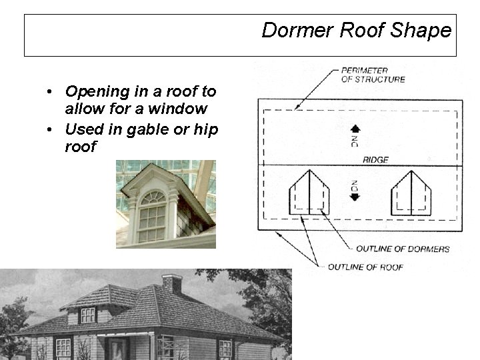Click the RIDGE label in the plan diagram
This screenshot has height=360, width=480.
[x=375, y=160]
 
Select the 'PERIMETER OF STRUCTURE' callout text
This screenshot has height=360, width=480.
[x=373, y=75]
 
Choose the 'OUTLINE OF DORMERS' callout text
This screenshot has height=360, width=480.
[x=402, y=249]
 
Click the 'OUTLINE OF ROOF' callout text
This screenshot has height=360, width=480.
[x=365, y=267]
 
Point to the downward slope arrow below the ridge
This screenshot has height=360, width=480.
[x=355, y=196]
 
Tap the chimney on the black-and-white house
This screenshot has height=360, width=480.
[x=172, y=284]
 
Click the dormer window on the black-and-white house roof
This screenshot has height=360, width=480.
[x=88, y=315]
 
